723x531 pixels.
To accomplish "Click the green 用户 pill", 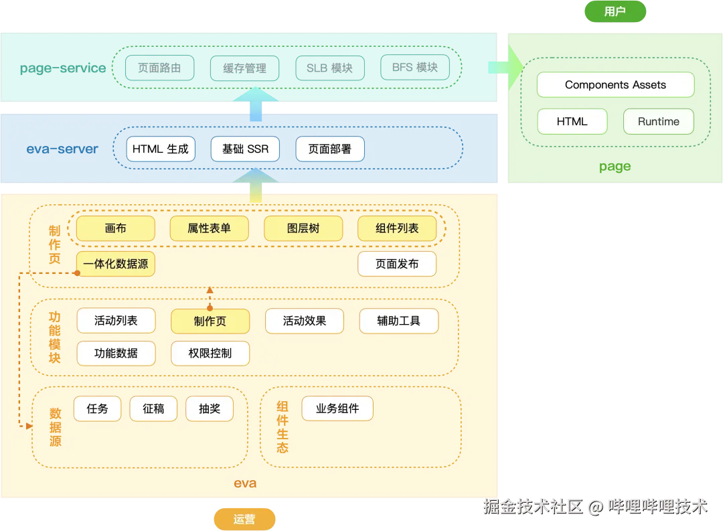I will (615, 12).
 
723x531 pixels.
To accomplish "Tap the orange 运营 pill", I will (244, 519).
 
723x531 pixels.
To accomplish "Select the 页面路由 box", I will (159, 68).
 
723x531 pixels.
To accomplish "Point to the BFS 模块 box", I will (414, 67).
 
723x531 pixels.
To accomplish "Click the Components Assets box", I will (615, 85).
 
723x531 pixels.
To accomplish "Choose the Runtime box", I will (658, 122).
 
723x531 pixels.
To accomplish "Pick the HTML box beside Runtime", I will (572, 122).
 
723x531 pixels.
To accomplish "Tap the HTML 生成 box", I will (160, 149).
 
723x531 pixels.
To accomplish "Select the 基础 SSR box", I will (245, 149).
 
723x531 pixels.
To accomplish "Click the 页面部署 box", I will (329, 149).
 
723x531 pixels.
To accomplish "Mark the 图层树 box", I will (303, 228).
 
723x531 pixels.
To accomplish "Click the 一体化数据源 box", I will (116, 264).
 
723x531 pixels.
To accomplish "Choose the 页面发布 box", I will (397, 264).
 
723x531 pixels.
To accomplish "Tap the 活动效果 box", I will (305, 321).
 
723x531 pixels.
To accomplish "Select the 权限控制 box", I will (210, 353).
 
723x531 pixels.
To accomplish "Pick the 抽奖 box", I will (210, 408).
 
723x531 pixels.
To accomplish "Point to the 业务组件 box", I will (337, 408).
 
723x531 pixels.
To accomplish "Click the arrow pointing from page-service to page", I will (506, 67).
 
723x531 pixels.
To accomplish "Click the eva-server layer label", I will (62, 149).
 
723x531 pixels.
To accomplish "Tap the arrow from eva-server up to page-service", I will (255, 104).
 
